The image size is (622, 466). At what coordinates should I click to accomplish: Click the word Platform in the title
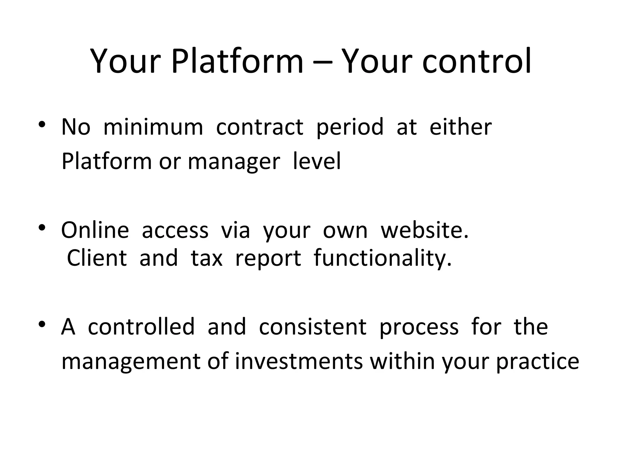[237, 62]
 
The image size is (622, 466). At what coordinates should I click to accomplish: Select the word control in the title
[477, 62]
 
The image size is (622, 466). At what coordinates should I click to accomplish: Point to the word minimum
[153, 127]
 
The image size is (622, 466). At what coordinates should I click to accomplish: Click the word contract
[259, 127]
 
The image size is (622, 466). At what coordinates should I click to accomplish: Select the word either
[460, 127]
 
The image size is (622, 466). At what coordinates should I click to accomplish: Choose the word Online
[95, 230]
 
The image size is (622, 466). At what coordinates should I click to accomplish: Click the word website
[425, 230]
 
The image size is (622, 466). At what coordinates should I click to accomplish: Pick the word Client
[97, 258]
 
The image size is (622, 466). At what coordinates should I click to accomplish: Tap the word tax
[207, 258]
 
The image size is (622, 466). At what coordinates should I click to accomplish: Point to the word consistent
[313, 326]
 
